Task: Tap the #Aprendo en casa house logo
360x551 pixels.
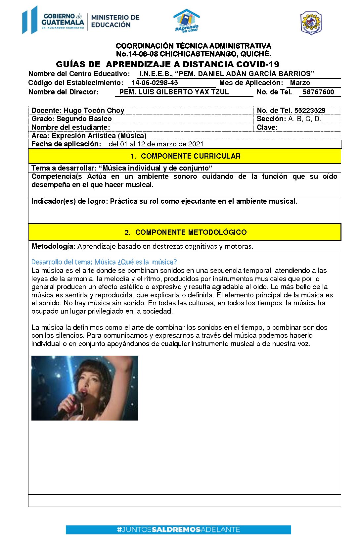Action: click(187, 21)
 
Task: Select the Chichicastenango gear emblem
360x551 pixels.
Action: click(311, 23)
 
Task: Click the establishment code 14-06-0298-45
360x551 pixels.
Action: click(155, 83)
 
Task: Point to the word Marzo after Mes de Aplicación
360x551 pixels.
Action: click(300, 83)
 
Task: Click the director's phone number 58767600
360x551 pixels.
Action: click(318, 92)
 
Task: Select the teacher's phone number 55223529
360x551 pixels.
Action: click(310, 111)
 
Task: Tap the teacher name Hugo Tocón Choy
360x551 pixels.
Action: click(94, 111)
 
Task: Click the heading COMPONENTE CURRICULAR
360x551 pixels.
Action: click(191, 156)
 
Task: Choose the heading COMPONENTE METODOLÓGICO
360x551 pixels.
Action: click(191, 232)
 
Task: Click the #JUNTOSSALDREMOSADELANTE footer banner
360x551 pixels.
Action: click(178, 529)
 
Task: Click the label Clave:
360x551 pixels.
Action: click(267, 127)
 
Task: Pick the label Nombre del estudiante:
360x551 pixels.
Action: click(71, 127)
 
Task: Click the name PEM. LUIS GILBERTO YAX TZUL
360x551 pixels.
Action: click(174, 92)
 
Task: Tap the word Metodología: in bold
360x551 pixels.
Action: click(54, 246)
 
